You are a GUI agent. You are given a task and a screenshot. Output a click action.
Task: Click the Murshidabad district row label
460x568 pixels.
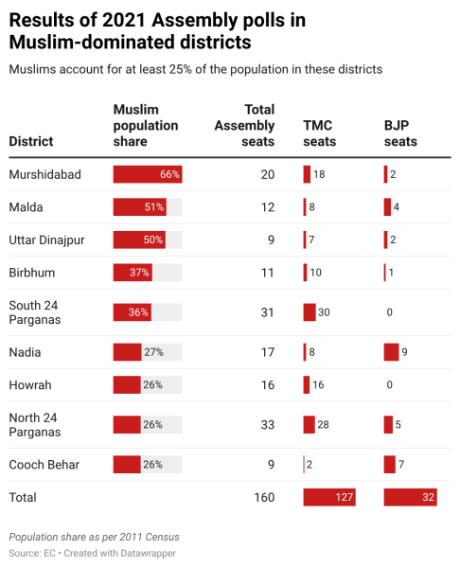pyautogui.click(x=44, y=175)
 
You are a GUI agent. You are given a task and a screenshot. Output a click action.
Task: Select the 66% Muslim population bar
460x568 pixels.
pyautogui.click(x=147, y=175)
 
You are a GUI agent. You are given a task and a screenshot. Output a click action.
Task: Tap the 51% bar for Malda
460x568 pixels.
pyautogui.click(x=139, y=207)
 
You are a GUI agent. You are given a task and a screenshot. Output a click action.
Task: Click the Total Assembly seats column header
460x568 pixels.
pyautogui.click(x=245, y=125)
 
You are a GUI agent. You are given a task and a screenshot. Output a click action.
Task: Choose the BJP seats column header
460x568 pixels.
pyautogui.click(x=401, y=133)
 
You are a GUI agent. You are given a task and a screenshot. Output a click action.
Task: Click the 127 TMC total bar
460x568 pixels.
pyautogui.click(x=328, y=497)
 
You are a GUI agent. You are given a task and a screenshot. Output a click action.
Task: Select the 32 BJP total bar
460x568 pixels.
pyautogui.click(x=410, y=497)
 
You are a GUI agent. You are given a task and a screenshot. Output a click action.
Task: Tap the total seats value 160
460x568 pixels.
pyautogui.click(x=263, y=497)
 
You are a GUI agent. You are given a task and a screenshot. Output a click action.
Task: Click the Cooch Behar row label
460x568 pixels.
pyautogui.click(x=44, y=465)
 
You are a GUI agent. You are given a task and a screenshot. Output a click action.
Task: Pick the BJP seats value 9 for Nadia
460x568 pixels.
pyautogui.click(x=405, y=352)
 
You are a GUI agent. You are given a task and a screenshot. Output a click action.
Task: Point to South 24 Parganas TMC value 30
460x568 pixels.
pyautogui.click(x=323, y=312)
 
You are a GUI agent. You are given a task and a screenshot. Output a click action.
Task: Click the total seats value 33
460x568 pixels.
pyautogui.click(x=266, y=425)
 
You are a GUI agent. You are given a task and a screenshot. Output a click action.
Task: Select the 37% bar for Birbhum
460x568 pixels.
pyautogui.click(x=133, y=273)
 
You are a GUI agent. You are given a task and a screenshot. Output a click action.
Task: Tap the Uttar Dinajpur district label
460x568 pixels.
pyautogui.click(x=46, y=240)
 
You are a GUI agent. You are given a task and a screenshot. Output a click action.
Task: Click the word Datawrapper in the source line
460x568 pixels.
pyautogui.click(x=147, y=552)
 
